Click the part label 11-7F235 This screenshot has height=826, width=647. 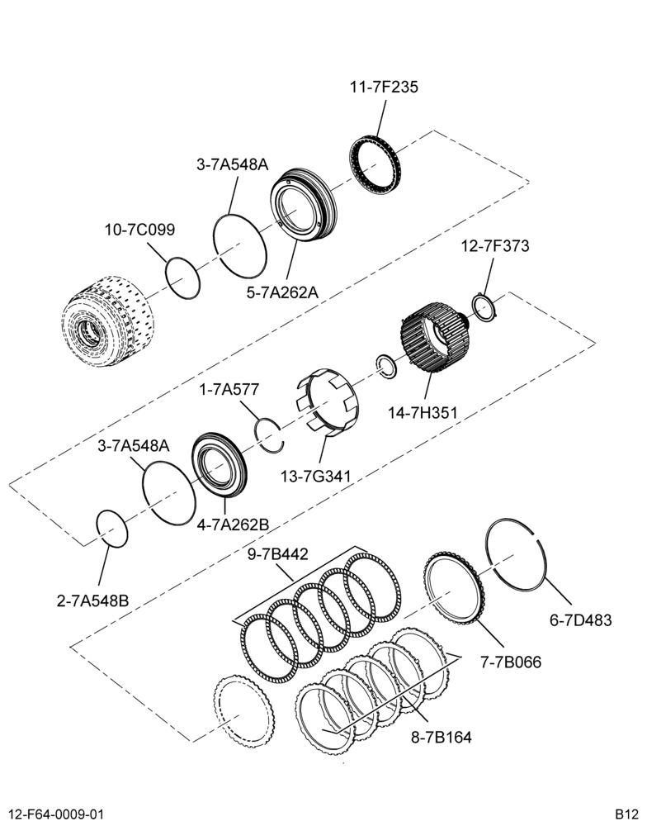(384, 87)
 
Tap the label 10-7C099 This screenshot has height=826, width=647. (139, 230)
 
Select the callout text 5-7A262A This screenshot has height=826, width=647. (283, 292)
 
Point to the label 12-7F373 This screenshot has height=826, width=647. (495, 246)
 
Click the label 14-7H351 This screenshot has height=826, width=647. (423, 412)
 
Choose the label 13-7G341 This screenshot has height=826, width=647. (316, 477)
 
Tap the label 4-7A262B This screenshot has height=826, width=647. (234, 525)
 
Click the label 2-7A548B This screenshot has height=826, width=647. (92, 601)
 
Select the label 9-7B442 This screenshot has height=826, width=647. (278, 554)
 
